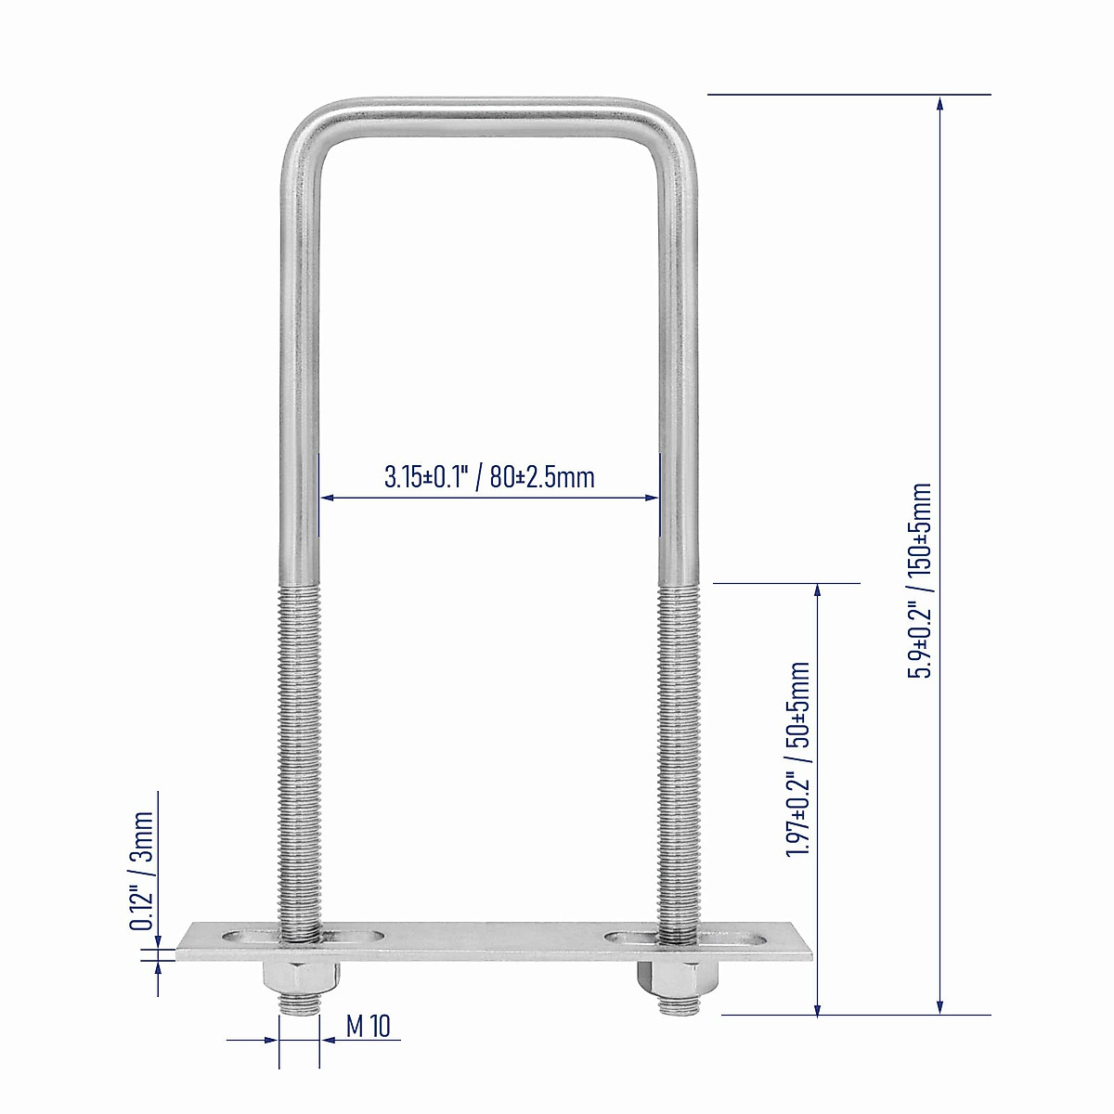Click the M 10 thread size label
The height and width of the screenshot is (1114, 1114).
pyautogui.click(x=369, y=1026)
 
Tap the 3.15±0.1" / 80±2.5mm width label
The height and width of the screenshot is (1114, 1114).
pyautogui.click(x=489, y=477)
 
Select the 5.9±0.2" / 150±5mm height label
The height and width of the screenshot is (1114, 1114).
pyautogui.click(x=920, y=580)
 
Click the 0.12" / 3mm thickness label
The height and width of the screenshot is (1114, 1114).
pyautogui.click(x=141, y=870)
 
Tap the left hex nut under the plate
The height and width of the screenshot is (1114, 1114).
pyautogui.click(x=300, y=978)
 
